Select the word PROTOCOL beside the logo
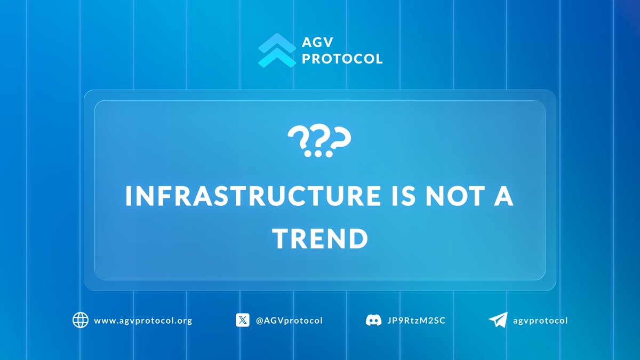coord(342,59)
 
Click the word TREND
coord(320,239)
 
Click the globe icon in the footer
coord(81,321)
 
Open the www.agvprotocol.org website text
coord(142,321)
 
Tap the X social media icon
coord(243,321)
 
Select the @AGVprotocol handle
coord(289,321)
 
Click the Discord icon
coord(373,321)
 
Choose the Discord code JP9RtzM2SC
coord(414,321)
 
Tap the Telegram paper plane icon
coord(497,321)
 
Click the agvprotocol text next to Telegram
coord(541,321)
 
